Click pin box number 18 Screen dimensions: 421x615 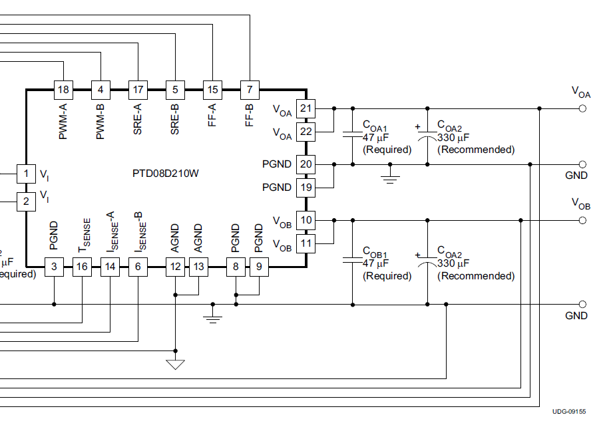(63, 89)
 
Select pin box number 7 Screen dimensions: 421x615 (250, 89)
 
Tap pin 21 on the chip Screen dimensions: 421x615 (306, 108)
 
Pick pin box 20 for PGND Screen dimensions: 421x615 (306, 164)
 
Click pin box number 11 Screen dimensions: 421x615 (306, 243)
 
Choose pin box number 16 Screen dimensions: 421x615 (82, 267)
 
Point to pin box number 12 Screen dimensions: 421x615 (176, 267)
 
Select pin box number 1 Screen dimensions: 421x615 (26, 174)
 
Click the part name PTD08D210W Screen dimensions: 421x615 (166, 174)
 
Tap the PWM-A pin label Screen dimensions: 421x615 (63, 120)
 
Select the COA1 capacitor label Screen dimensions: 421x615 (375, 124)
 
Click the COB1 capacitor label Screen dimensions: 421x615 (375, 251)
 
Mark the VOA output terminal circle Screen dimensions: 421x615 (583, 108)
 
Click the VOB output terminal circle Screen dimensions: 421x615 (583, 219)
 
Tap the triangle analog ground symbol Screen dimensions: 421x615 (176, 364)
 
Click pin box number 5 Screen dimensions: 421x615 (175, 89)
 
